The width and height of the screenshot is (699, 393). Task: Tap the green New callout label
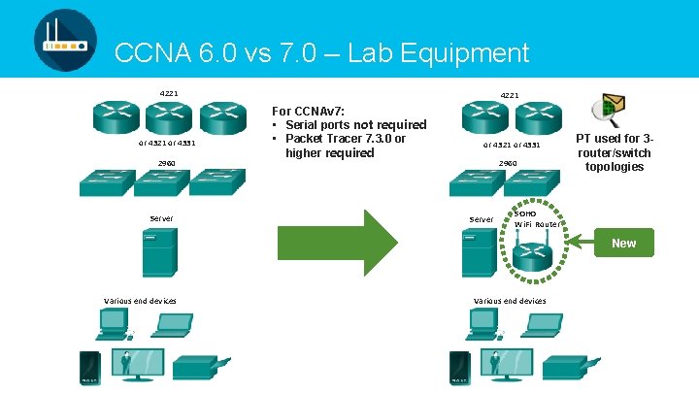pos(623,244)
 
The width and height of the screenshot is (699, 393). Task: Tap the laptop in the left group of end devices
pos(172,327)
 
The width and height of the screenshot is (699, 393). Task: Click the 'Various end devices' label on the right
pos(509,301)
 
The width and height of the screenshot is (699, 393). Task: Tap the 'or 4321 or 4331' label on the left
pos(168,144)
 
